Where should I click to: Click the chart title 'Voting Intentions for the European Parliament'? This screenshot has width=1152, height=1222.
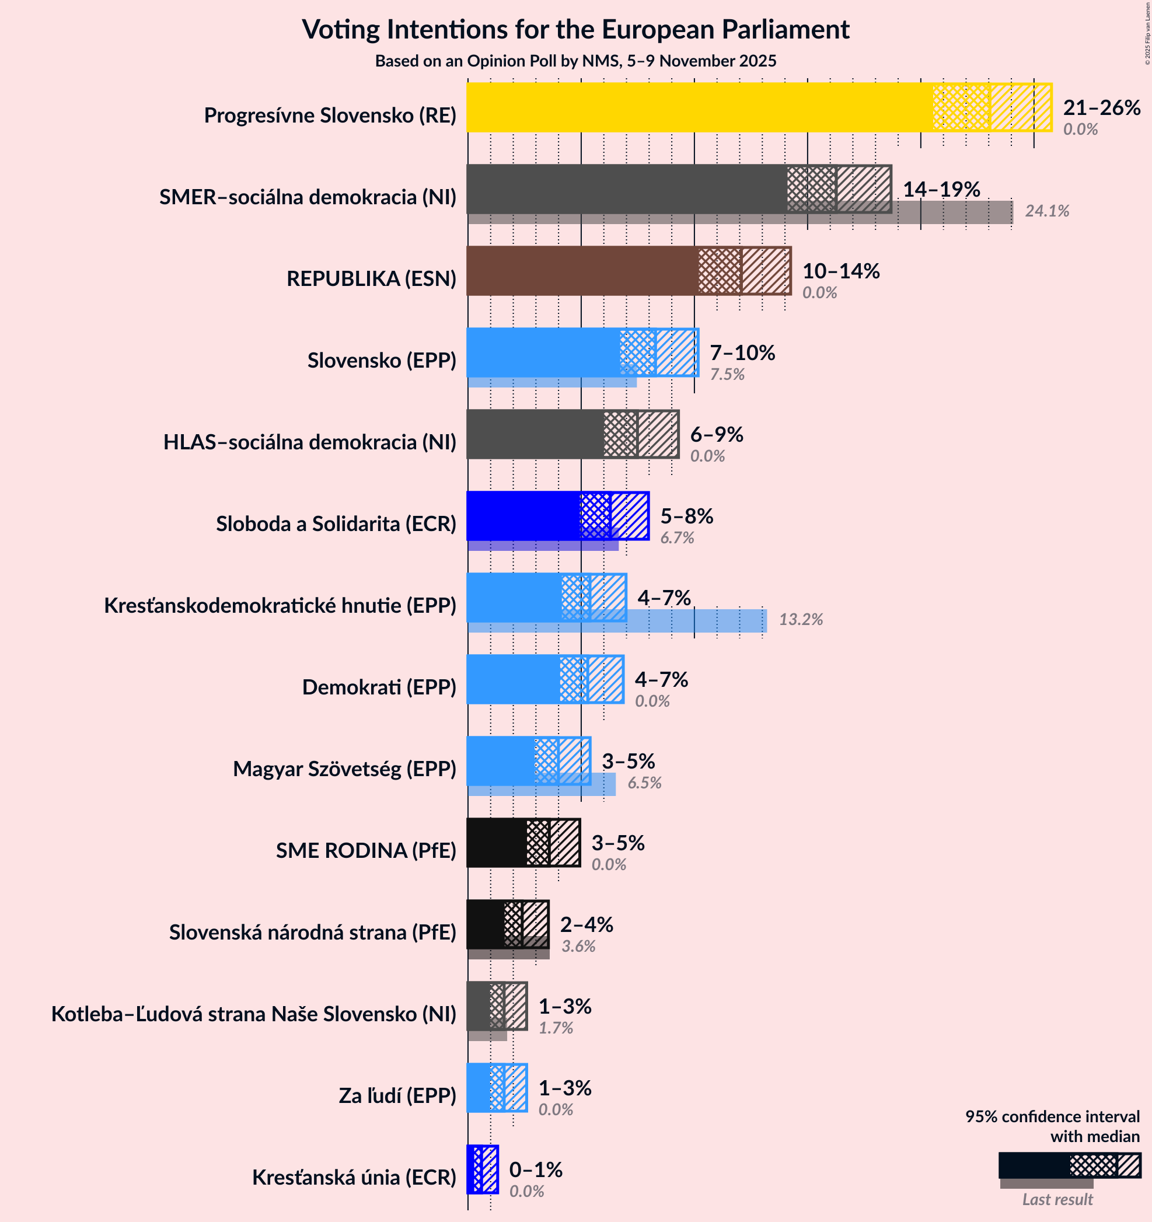click(575, 30)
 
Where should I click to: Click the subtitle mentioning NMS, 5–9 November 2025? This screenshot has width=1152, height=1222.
click(575, 61)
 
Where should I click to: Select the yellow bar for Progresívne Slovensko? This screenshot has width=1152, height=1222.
click(699, 107)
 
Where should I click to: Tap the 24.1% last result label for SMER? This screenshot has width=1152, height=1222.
click(1046, 211)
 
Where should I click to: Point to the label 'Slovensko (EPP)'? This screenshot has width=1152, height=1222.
click(382, 360)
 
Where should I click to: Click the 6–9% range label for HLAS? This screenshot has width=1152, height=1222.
click(716, 435)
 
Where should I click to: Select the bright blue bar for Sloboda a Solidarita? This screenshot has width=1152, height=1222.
click(522, 515)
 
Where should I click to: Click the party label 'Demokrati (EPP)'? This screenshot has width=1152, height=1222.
click(379, 687)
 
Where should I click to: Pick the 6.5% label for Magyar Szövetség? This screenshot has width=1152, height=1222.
click(644, 783)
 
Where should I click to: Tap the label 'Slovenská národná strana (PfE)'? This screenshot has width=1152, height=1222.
click(312, 932)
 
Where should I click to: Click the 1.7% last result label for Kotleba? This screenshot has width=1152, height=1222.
click(556, 1028)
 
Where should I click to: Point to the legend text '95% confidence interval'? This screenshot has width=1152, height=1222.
click(1052, 1116)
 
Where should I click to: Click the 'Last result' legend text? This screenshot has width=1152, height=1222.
click(1057, 1199)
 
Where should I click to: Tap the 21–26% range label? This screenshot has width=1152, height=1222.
click(1101, 107)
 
